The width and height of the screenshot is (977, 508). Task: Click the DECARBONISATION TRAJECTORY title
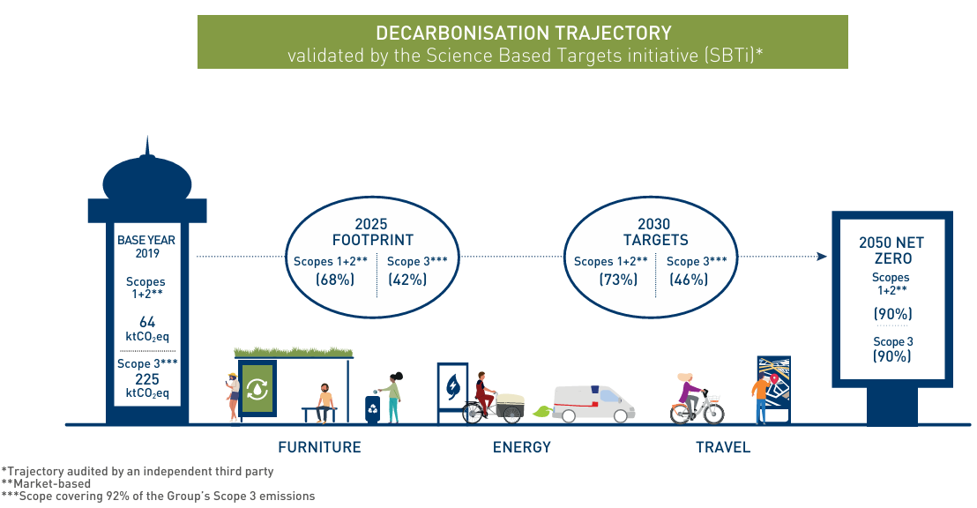coord(523,34)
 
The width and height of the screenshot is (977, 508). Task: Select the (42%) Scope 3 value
coord(407,280)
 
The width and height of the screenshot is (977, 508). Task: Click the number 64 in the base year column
coord(146,323)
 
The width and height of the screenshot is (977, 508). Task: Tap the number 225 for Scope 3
coord(146,378)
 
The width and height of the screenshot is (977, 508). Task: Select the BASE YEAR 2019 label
coord(146,246)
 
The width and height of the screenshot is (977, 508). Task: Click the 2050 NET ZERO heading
coord(892,250)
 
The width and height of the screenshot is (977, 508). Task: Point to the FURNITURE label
coord(319,447)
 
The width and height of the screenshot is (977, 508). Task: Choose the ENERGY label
coord(521,447)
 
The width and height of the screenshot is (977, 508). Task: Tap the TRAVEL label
coord(723,447)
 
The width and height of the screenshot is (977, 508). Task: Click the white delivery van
coord(593,402)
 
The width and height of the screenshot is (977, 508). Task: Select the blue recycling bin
coord(373,408)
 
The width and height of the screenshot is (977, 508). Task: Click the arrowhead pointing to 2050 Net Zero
coord(821,257)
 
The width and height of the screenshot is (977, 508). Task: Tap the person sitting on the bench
coord(325,402)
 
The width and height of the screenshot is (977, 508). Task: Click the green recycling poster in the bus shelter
coord(257,387)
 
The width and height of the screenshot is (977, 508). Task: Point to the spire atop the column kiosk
coord(147,148)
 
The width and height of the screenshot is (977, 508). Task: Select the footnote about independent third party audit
coord(138,472)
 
